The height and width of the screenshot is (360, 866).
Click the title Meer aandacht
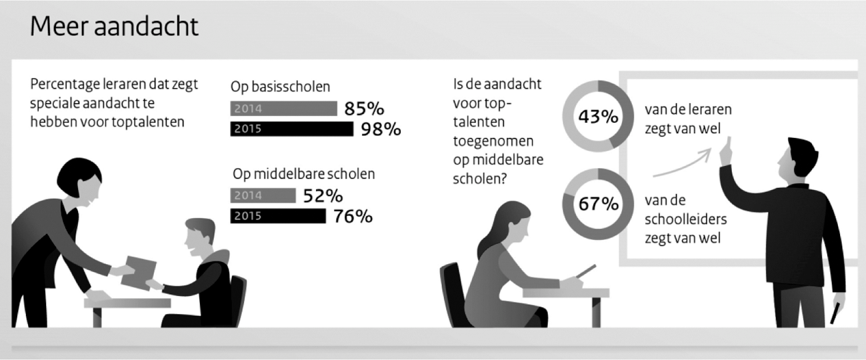point(114,27)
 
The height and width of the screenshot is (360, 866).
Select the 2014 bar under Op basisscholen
point(283,109)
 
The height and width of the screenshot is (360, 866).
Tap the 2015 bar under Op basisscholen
point(291,129)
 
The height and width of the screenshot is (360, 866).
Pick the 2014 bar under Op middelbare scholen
point(263,195)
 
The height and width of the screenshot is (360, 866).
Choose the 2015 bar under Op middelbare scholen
point(278,216)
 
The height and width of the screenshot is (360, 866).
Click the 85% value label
point(365,108)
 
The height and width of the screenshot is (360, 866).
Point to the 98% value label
point(381,129)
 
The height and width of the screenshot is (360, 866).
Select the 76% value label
point(353,216)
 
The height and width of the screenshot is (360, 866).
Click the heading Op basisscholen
point(281,87)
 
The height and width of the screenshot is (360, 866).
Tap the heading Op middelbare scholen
point(304,174)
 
